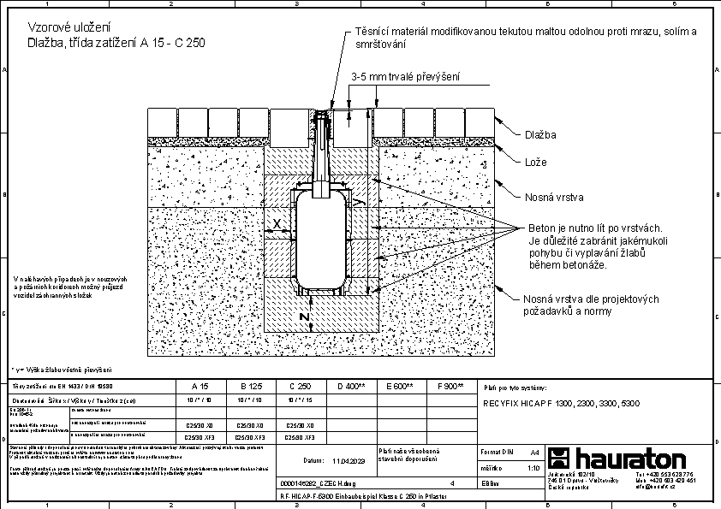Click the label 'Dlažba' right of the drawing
[x=539, y=135]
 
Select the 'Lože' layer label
[x=535, y=162]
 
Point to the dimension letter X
[x=277, y=225]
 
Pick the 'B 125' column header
[x=250, y=387]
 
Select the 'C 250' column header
[x=299, y=387]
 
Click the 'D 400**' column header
[x=350, y=387]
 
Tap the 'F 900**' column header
[x=450, y=387]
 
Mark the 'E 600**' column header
[x=400, y=387]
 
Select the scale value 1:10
[x=533, y=468]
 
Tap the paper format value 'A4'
[x=534, y=451]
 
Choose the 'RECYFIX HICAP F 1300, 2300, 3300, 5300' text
[x=561, y=403]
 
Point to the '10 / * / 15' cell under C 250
[x=299, y=400]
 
